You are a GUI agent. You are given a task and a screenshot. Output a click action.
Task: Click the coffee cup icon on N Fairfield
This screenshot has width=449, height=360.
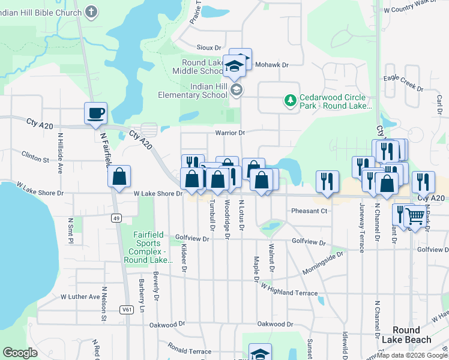tap(96, 113)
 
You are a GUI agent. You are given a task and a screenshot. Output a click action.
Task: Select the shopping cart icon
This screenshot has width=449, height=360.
tap(415, 215)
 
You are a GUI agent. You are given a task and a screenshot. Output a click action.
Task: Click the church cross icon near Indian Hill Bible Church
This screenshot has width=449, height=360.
tap(91, 11)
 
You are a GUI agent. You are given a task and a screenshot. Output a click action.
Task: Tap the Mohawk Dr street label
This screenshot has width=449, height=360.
tap(272, 64)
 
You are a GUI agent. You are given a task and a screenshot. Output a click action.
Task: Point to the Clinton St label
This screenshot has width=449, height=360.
tap(35, 160)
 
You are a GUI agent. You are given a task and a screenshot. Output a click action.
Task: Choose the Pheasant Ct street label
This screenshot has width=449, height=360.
tap(309, 211)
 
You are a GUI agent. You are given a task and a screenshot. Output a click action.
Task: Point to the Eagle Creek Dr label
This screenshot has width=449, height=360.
tap(403, 82)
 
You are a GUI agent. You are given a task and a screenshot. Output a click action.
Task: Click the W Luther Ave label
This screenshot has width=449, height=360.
tap(80, 296)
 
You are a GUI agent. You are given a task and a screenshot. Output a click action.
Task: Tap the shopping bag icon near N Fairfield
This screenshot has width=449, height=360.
tap(119, 178)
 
